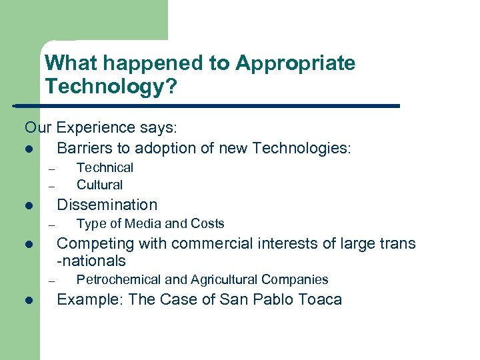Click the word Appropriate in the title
295,64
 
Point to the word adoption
164,147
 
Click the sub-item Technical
105,168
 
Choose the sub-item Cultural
99,185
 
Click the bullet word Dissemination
107,205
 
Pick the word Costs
207,223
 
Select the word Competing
93,243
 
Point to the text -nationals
91,261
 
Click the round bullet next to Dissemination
28,206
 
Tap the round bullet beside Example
28,301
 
